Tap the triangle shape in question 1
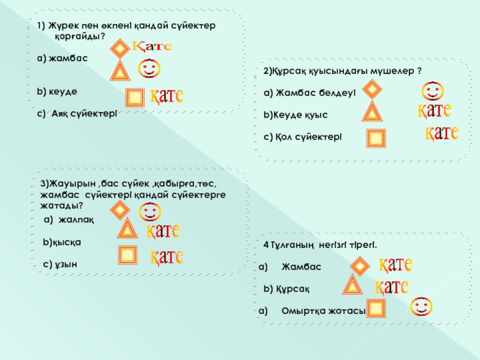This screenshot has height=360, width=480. pos(121,71)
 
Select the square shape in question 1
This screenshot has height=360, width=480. pos(136,97)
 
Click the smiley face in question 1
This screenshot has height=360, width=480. pos(149,68)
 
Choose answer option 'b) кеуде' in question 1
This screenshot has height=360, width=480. pos(57,91)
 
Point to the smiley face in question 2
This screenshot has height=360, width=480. pos(431,92)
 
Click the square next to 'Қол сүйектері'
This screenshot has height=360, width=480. pos(376,139)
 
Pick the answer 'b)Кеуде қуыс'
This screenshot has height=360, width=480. pos(296,113)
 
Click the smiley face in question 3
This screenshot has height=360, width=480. pos(149,211)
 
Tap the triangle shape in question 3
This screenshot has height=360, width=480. pos(126,229)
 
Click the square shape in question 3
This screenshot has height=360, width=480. pos(128,254)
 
